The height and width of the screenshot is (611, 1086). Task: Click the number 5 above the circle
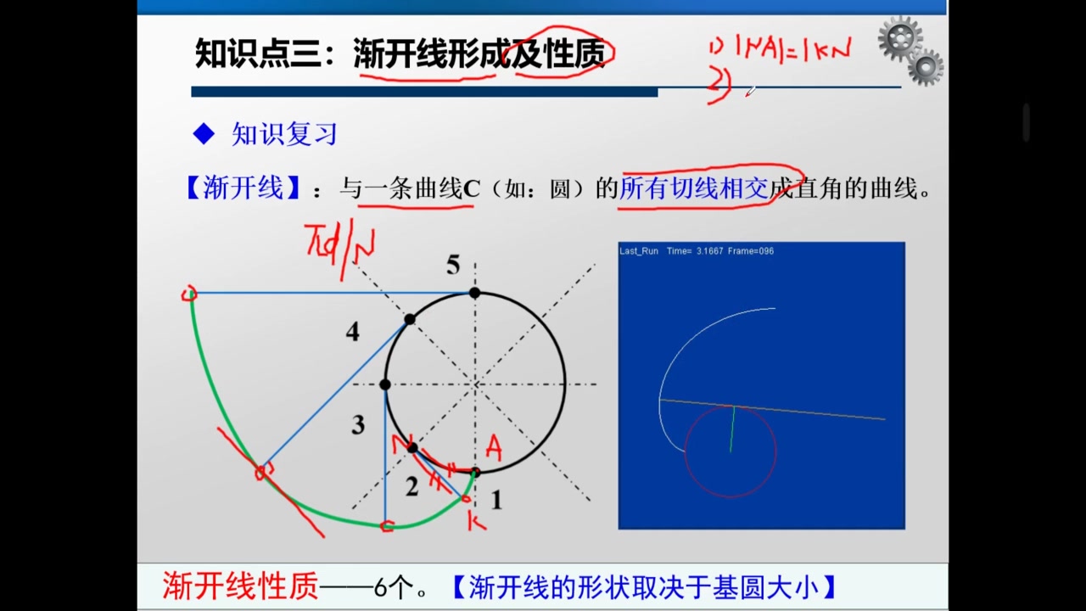coord(453,266)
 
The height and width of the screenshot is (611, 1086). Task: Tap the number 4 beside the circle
coord(353,332)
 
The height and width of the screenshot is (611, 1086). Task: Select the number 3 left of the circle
coord(358,424)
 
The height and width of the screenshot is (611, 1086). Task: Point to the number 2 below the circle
coord(411,487)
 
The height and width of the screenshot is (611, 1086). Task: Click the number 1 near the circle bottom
coord(496,501)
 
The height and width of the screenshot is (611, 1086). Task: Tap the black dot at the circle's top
coord(475,293)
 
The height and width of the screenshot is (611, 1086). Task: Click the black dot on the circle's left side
coord(385,384)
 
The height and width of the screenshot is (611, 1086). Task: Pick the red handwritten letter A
coord(494,447)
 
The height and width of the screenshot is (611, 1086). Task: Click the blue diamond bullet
coord(204,133)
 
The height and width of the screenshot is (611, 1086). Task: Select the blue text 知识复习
coord(284,134)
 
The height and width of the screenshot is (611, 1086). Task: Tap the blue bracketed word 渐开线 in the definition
coord(244,188)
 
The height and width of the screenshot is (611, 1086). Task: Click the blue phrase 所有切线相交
coord(694,188)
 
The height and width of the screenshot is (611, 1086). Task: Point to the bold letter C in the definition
coord(471,188)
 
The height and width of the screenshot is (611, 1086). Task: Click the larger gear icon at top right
coord(899,38)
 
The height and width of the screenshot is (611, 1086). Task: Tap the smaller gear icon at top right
coord(926,66)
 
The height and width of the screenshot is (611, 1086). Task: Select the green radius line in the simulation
coord(732,429)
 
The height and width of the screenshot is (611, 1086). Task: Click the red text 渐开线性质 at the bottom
coord(240,586)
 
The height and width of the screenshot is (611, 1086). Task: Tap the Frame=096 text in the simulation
coord(751,251)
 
